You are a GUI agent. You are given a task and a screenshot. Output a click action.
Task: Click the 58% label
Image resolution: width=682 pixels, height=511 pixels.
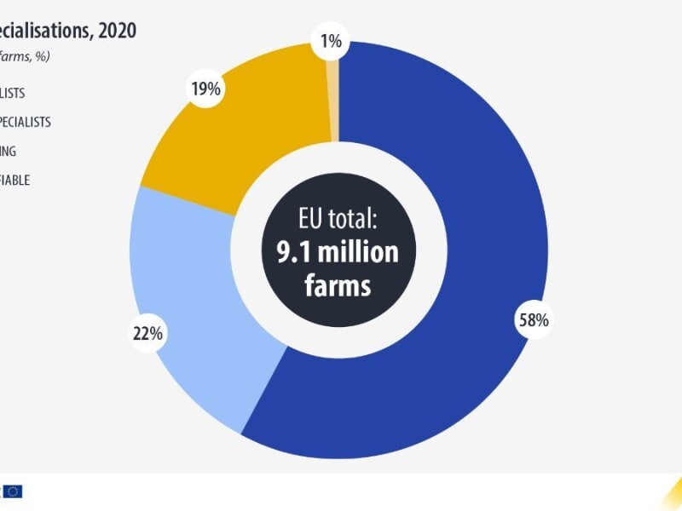coord(534,320)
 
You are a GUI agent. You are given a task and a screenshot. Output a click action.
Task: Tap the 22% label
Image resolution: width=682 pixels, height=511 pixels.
coord(147,334)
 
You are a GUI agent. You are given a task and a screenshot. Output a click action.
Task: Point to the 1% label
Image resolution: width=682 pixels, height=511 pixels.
coord(331,40)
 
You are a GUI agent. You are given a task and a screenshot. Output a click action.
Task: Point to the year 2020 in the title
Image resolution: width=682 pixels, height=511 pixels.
coord(116,31)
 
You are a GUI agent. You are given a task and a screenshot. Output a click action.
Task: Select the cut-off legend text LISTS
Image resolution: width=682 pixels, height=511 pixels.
coord(13,93)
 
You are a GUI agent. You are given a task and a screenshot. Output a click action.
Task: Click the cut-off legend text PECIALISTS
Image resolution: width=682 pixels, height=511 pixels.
coord(26,122)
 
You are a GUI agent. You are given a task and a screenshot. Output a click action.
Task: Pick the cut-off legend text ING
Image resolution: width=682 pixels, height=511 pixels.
coord(9,151)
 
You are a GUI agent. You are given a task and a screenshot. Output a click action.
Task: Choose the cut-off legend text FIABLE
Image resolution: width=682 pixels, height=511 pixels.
coord(15,180)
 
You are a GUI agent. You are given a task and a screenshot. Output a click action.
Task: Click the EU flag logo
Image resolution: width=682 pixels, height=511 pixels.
coord(12,491)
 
